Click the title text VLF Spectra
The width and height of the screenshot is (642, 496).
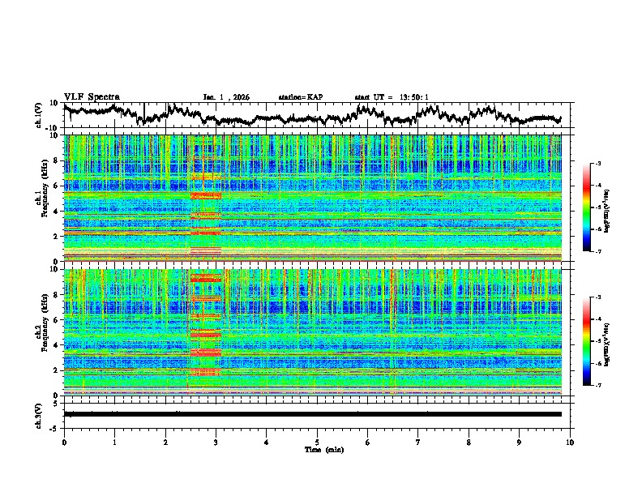pyautogui.click(x=92, y=96)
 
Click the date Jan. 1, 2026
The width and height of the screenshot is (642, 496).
pyautogui.click(x=226, y=97)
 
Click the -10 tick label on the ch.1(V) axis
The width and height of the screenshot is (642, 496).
pyautogui.click(x=53, y=128)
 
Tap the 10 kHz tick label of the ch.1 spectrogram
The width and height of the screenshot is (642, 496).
pyautogui.click(x=55, y=135)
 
